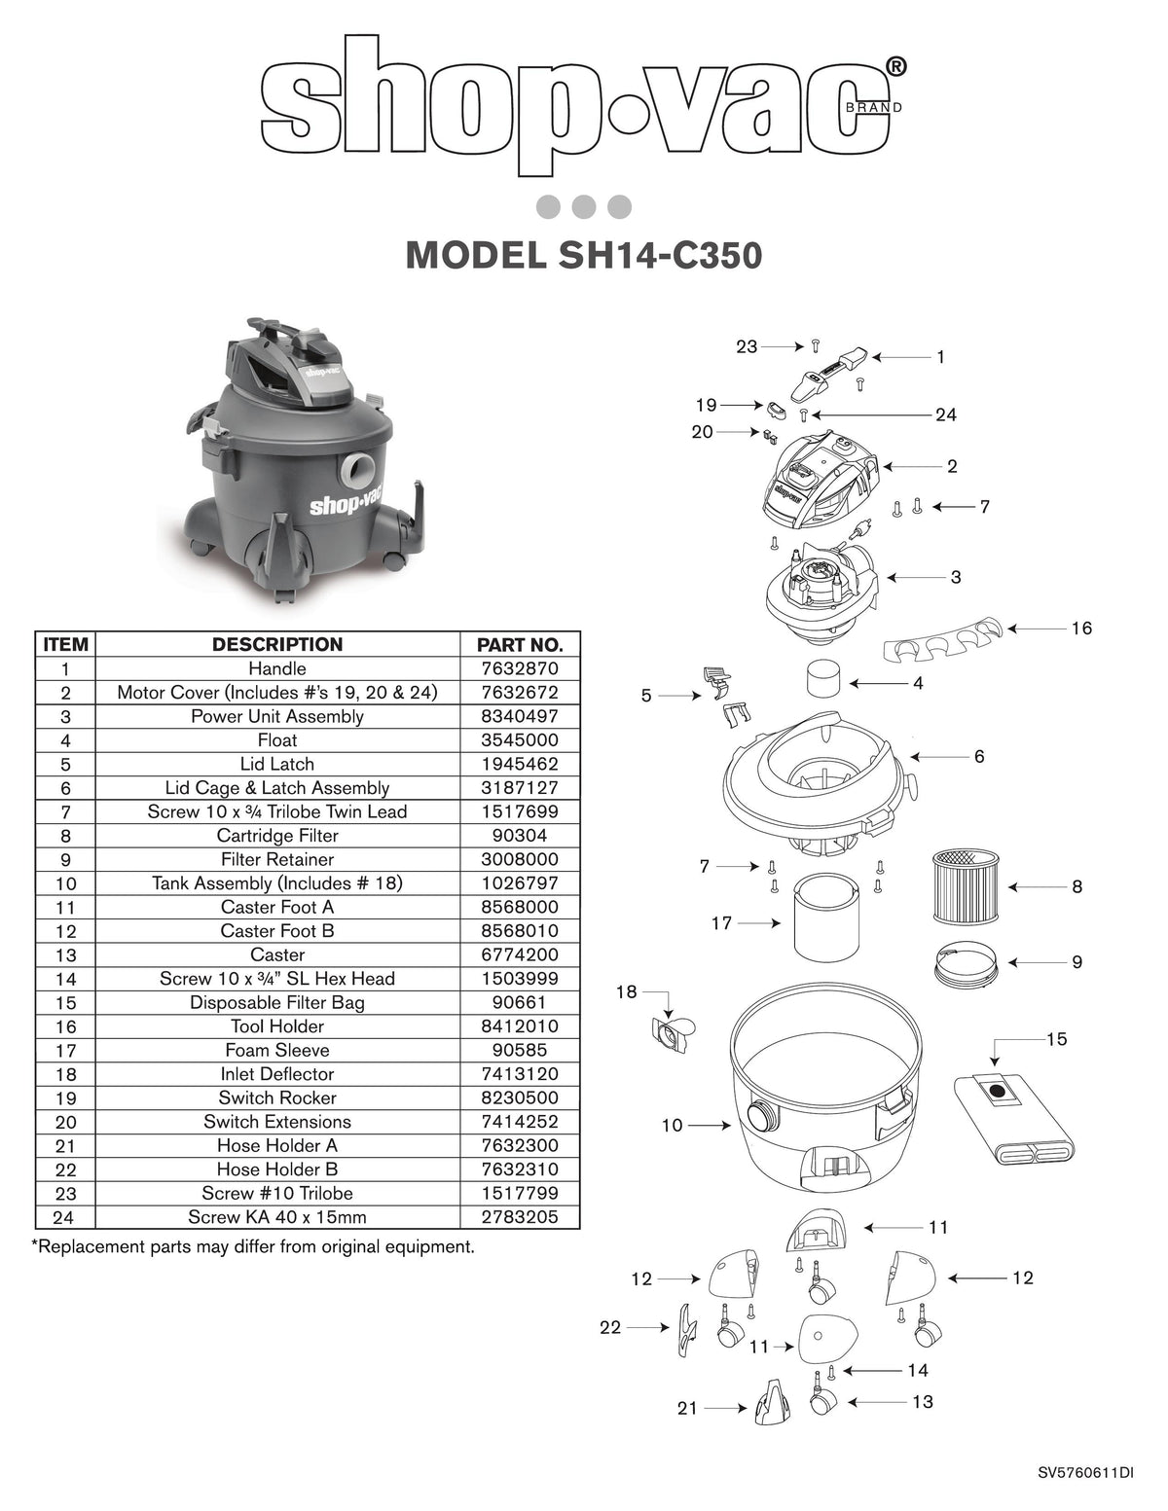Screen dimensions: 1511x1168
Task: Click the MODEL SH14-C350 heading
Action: [x=583, y=255]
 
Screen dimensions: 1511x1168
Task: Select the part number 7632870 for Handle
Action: [x=520, y=668]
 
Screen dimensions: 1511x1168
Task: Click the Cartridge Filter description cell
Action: [x=277, y=835]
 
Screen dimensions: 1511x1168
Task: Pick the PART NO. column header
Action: [x=520, y=644]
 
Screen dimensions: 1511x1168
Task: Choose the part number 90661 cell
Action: [x=520, y=1002]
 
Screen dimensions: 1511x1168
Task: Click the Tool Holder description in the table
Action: [x=277, y=1025]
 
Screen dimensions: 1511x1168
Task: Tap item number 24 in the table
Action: [x=66, y=1217]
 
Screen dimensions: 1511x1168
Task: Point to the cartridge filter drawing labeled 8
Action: [x=961, y=885]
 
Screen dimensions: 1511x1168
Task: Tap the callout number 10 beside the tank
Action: [x=672, y=1126]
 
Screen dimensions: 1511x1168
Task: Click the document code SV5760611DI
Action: [x=1085, y=1473]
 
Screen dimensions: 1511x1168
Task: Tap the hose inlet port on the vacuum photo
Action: [x=357, y=471]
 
